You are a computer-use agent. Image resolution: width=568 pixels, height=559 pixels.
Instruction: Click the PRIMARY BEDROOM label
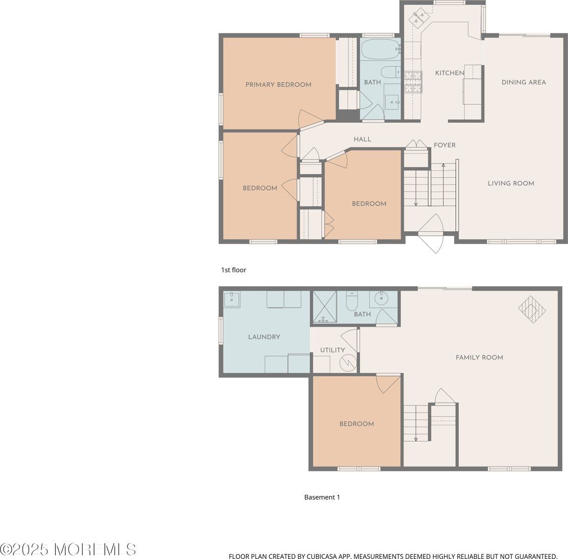click(x=278, y=85)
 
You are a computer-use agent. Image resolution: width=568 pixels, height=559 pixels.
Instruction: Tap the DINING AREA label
click(x=523, y=82)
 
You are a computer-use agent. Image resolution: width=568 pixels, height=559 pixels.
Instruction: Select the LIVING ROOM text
click(x=511, y=184)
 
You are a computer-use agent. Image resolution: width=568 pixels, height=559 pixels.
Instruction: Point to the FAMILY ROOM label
click(x=479, y=358)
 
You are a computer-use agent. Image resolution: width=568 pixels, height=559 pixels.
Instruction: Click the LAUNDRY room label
click(x=264, y=337)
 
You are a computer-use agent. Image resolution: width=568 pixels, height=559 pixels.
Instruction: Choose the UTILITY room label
click(x=332, y=350)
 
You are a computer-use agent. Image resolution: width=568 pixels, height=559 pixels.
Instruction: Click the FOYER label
click(x=445, y=145)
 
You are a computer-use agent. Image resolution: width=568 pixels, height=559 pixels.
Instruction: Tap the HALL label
click(x=362, y=139)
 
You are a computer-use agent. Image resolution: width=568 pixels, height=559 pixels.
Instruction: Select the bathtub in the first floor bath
click(x=381, y=49)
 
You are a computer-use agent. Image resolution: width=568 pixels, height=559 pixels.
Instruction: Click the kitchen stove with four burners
click(x=413, y=82)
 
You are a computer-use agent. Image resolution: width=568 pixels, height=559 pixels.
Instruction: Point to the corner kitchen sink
click(x=416, y=18)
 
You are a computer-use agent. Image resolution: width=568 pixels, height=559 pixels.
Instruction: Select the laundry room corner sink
click(x=232, y=299)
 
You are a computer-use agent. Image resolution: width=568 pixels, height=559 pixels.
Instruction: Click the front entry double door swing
click(x=435, y=233)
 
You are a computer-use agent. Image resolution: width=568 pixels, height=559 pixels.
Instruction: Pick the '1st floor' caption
click(x=233, y=270)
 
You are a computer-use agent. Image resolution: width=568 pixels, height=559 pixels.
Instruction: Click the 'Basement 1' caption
click(x=322, y=498)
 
